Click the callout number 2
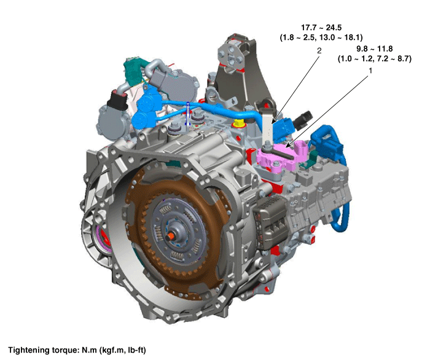319,51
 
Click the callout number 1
370,71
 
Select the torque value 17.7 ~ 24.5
321,28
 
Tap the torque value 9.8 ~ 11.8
374,49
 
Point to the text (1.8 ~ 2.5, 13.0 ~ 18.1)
321,37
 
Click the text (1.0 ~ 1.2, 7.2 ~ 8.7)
374,59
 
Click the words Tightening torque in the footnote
44,350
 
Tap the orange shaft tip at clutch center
170,236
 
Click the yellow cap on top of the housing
239,123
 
